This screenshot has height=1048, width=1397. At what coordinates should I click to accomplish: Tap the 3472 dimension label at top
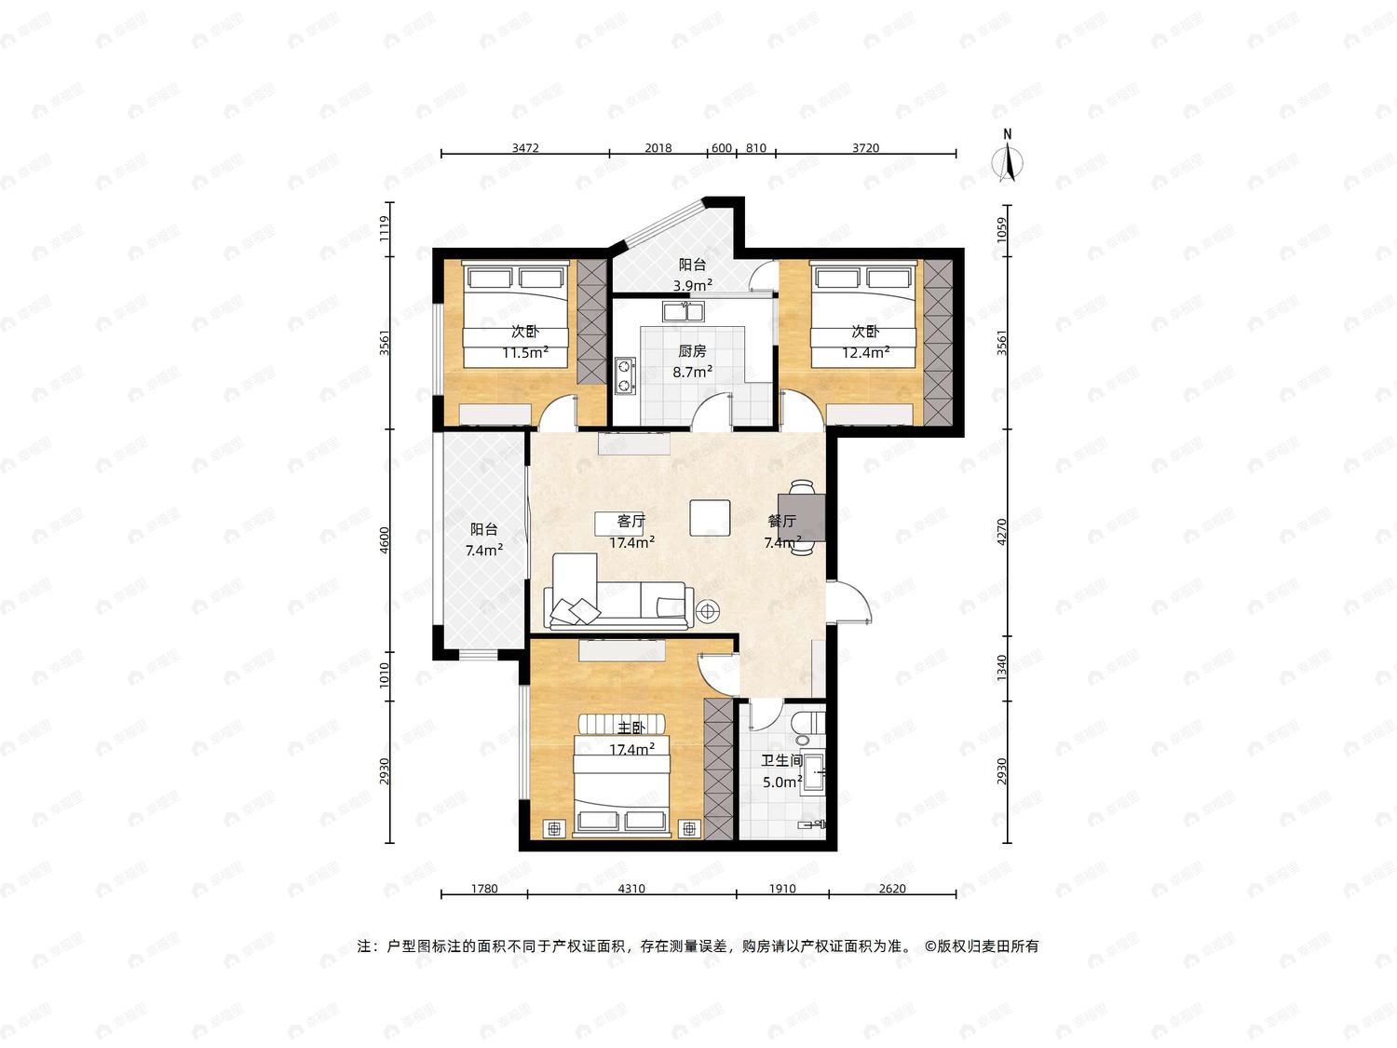pos(525,147)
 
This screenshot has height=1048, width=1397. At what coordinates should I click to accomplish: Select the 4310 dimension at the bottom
pos(631,889)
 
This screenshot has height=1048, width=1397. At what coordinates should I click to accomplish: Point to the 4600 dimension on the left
pos(384,539)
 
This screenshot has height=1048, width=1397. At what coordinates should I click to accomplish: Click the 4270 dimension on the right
pos(1002,532)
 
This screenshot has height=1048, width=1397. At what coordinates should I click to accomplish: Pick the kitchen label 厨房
pos(692,350)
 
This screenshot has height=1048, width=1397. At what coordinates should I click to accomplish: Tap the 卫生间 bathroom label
pos(781,760)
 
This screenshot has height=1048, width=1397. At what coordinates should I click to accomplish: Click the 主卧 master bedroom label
pos(631,728)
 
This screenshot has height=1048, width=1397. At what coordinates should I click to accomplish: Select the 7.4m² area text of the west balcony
pos(483,551)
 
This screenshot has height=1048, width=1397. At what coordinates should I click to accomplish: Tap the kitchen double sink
pos(683,311)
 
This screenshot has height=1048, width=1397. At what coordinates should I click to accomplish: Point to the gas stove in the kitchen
pos(626,376)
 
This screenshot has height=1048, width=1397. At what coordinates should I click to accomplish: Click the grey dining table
pos(802,517)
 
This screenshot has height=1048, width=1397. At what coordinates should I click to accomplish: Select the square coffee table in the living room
pos(710,517)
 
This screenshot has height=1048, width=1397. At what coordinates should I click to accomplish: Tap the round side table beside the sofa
pos(708,611)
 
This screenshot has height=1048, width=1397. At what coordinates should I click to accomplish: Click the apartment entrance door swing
pos(849,601)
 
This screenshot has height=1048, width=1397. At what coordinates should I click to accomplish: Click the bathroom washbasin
pos(813,772)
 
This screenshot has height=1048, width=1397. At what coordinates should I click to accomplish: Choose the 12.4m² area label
pos(865,352)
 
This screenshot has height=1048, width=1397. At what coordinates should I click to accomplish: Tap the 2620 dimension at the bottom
pos(892,889)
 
